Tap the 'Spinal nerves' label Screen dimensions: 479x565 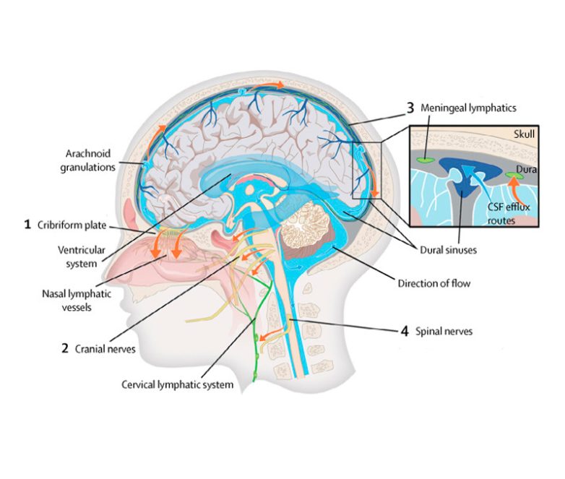point(447,332)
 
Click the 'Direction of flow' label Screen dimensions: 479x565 point(434,282)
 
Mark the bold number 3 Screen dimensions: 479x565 point(410,108)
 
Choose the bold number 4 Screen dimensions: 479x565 point(405,332)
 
